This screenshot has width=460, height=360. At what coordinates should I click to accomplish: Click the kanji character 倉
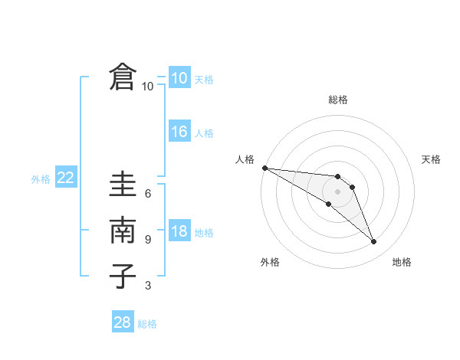point(123,77)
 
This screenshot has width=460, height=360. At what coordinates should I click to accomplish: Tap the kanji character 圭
point(123,186)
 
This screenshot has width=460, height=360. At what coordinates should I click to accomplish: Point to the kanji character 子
point(123,276)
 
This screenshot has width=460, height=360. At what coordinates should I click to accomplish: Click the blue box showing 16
point(179,132)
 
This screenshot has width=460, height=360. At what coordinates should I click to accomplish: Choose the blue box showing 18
point(179,232)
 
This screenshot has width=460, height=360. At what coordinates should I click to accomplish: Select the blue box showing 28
point(123,322)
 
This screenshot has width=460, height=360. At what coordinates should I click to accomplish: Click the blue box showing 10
point(179,78)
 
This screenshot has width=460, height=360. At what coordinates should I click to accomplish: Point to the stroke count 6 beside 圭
point(148,193)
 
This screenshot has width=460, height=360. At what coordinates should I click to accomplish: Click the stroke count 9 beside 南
point(148,240)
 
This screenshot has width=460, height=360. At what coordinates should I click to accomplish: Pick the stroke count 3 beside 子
point(148,286)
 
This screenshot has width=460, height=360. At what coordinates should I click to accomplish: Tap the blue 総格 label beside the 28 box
point(147,324)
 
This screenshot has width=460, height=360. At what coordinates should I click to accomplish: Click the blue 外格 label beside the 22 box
point(41,179)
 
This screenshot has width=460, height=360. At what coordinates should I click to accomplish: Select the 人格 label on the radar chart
point(245,159)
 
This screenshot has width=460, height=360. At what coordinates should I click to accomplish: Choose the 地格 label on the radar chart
point(402,263)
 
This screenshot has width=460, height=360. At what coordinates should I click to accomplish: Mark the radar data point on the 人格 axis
point(264,168)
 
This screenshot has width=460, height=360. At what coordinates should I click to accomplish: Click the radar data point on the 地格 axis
point(373,242)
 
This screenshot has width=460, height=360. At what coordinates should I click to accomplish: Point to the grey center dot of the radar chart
point(337,191)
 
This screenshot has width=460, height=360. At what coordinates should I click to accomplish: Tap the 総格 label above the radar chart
point(338,100)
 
